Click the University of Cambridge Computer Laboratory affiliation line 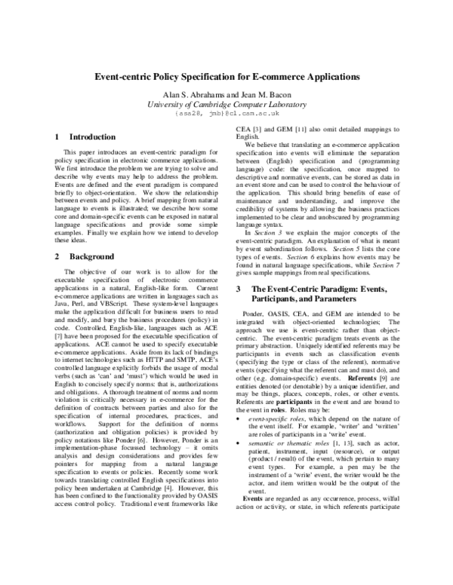click(x=226, y=104)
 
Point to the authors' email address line click(x=227, y=113)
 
